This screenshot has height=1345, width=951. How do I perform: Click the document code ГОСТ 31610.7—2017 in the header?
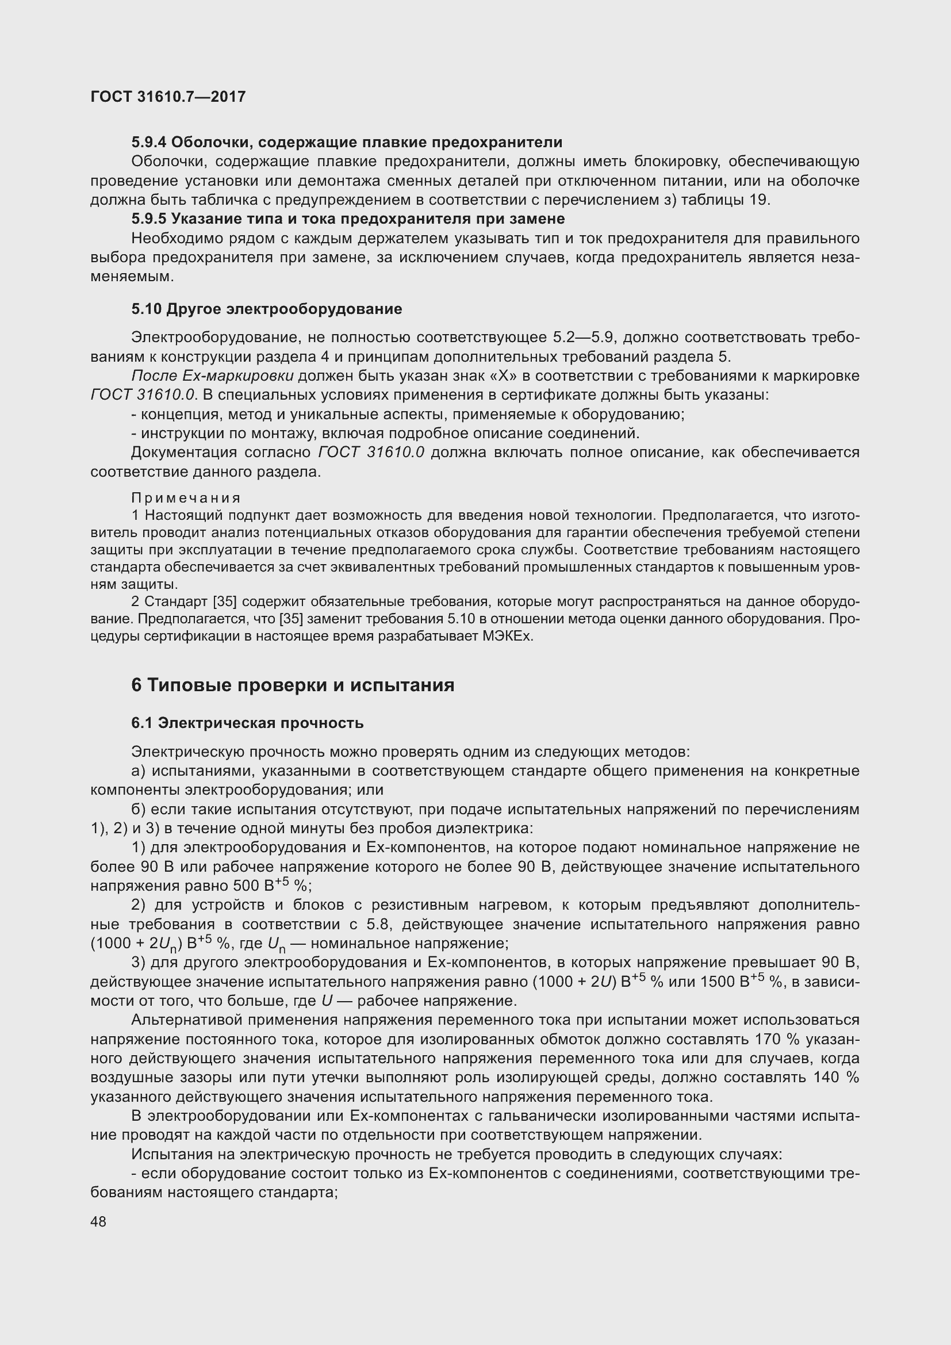point(168,97)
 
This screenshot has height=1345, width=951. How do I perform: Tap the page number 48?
point(98,1221)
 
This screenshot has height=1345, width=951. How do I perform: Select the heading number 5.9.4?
point(149,143)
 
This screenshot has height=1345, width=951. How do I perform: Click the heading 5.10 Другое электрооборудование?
point(266,309)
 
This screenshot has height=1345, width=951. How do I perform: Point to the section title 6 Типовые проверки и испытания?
point(292,685)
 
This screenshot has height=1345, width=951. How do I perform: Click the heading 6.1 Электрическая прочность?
point(247,723)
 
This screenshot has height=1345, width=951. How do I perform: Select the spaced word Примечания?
point(186,498)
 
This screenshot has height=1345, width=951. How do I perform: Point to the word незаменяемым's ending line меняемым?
point(132,277)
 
